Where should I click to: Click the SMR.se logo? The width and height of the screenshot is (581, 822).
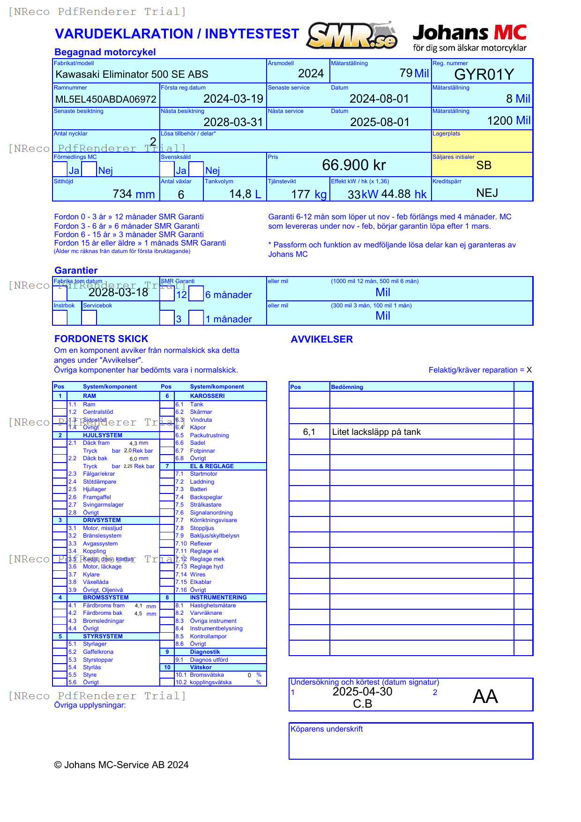[x=352, y=36]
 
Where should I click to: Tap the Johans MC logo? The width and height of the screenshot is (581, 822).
[x=469, y=37]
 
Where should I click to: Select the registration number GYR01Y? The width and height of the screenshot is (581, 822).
[x=484, y=75]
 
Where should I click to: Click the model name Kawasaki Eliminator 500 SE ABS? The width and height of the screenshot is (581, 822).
[x=132, y=75]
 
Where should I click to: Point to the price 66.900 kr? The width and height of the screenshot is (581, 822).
[x=354, y=165]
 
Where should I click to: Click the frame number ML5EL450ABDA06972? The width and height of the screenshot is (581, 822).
[x=106, y=99]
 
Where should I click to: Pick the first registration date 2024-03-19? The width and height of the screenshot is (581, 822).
[x=233, y=99]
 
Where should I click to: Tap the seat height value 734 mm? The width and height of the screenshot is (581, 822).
[x=134, y=194]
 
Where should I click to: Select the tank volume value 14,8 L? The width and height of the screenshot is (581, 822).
[x=245, y=194]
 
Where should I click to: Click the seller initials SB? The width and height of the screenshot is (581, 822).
[x=484, y=165]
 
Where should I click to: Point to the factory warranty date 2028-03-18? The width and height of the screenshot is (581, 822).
[x=118, y=292]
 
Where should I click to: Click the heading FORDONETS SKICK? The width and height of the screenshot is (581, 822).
[x=101, y=339]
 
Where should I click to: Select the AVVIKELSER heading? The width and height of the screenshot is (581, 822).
[x=321, y=339]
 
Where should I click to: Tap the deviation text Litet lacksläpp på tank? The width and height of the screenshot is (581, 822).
[x=376, y=432]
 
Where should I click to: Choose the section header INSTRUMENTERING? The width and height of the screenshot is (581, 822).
[x=218, y=598]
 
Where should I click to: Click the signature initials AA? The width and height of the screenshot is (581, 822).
[x=485, y=696]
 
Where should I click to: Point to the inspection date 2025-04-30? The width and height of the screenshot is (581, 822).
[x=362, y=692]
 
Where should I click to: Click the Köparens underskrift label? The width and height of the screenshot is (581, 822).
[x=327, y=729]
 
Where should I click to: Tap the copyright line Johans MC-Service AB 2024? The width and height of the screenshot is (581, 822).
[x=121, y=765]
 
